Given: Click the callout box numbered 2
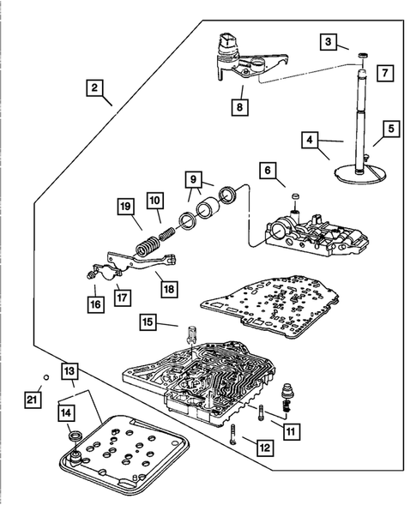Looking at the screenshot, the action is pyautogui.click(x=94, y=87).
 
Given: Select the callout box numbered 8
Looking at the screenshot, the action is pyautogui.click(x=240, y=106).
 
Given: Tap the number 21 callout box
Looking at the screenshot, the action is pyautogui.click(x=33, y=400).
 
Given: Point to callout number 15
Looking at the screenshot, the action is pyautogui.click(x=148, y=322).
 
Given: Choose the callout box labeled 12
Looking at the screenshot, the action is pyautogui.click(x=265, y=448).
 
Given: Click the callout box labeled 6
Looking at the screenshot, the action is pyautogui.click(x=268, y=170).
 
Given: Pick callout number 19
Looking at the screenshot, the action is pyautogui.click(x=126, y=207).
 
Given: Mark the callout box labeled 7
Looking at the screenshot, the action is pyautogui.click(x=385, y=73).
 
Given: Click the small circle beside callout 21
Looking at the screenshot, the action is pyautogui.click(x=46, y=377).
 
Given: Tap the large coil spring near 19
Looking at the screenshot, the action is pyautogui.click(x=148, y=247).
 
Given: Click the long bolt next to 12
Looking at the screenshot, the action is pyautogui.click(x=233, y=434).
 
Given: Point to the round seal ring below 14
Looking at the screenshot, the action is pyautogui.click(x=76, y=436).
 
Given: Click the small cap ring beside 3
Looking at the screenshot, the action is pyautogui.click(x=363, y=56).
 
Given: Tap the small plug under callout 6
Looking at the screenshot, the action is pyautogui.click(x=295, y=196).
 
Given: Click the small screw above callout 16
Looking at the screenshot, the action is pyautogui.click(x=89, y=274).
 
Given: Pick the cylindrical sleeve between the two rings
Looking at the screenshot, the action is pyautogui.click(x=208, y=209).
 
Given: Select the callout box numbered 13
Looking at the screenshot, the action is pyautogui.click(x=69, y=371).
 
